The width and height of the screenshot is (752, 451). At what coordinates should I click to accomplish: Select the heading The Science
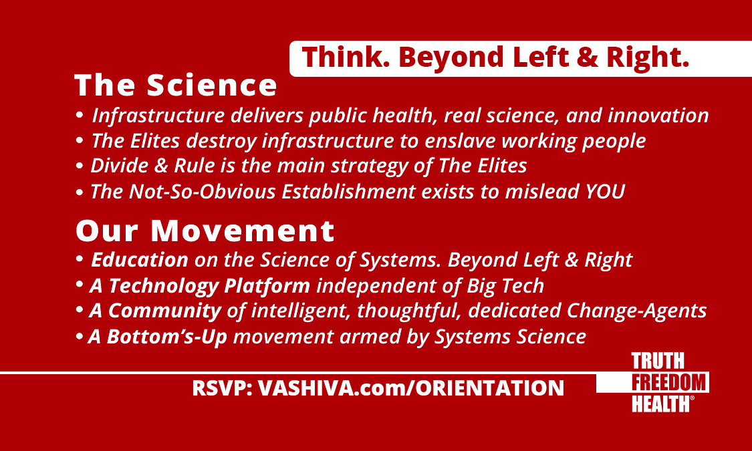[x=176, y=86]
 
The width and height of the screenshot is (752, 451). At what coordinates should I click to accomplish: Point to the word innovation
[x=658, y=116]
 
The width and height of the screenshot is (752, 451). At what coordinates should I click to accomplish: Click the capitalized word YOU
[x=605, y=192]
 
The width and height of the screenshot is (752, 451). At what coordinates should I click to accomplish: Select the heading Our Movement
[x=205, y=231]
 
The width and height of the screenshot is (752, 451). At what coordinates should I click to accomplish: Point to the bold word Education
[x=140, y=260]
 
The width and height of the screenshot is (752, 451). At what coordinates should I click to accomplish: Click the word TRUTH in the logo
[x=658, y=362]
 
